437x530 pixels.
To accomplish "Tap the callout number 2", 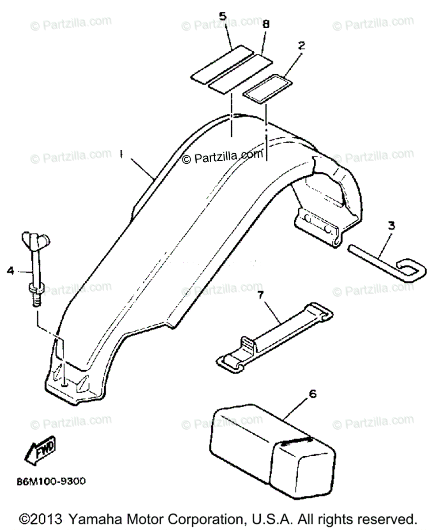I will click(302, 45).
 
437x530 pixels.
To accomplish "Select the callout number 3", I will click(391, 226).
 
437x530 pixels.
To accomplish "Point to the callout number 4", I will click(10, 270).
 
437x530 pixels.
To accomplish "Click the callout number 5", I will click(223, 16).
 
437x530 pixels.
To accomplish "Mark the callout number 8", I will click(266, 25).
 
